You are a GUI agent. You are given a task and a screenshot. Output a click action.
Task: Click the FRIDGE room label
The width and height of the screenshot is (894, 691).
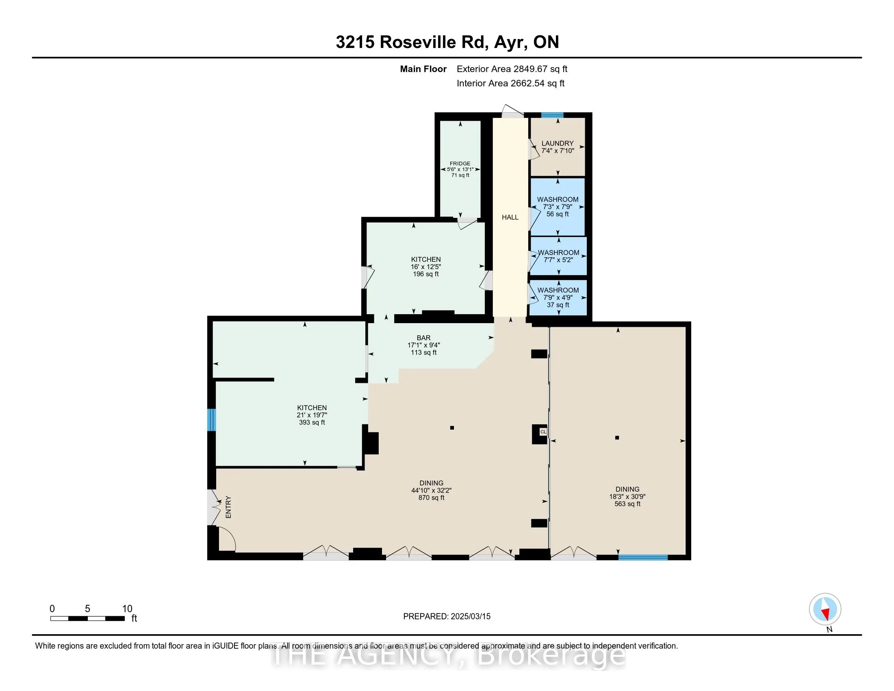(x=460, y=163)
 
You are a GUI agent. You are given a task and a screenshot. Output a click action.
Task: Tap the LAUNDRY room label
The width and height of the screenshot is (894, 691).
(x=558, y=143)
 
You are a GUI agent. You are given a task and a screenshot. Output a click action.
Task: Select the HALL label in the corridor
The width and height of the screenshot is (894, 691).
(x=510, y=217)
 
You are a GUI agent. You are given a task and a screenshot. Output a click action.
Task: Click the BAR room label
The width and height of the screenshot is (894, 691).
(x=424, y=338)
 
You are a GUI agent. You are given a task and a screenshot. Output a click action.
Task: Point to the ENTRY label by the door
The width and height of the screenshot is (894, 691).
(x=228, y=507)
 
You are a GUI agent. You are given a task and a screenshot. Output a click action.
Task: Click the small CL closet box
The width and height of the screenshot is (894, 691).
(x=543, y=432)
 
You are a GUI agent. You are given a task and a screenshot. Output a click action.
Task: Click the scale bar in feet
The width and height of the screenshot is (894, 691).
(x=88, y=618)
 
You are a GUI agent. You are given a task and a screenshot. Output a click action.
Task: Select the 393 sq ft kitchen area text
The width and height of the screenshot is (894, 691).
(x=312, y=422)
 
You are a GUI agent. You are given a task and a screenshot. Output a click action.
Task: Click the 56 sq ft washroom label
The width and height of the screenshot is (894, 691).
(x=558, y=214)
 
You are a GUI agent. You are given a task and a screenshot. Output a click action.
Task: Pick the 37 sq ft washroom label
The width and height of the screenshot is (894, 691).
(x=558, y=305)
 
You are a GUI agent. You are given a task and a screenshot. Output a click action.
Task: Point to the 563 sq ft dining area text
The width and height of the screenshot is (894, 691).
(x=627, y=504)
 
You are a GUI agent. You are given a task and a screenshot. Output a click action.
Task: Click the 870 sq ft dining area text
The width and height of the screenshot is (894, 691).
(x=431, y=498)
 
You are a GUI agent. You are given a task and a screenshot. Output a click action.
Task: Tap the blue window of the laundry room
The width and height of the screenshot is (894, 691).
(x=552, y=115)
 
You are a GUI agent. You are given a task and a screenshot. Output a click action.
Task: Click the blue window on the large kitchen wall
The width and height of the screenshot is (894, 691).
(x=211, y=419)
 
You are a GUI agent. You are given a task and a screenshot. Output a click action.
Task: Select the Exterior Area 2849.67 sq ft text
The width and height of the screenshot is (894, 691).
(x=512, y=69)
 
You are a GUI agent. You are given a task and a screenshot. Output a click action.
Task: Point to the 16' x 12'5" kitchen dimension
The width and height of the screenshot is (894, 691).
(x=426, y=267)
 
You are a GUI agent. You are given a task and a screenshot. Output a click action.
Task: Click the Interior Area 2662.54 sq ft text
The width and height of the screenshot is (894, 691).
(x=510, y=83)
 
